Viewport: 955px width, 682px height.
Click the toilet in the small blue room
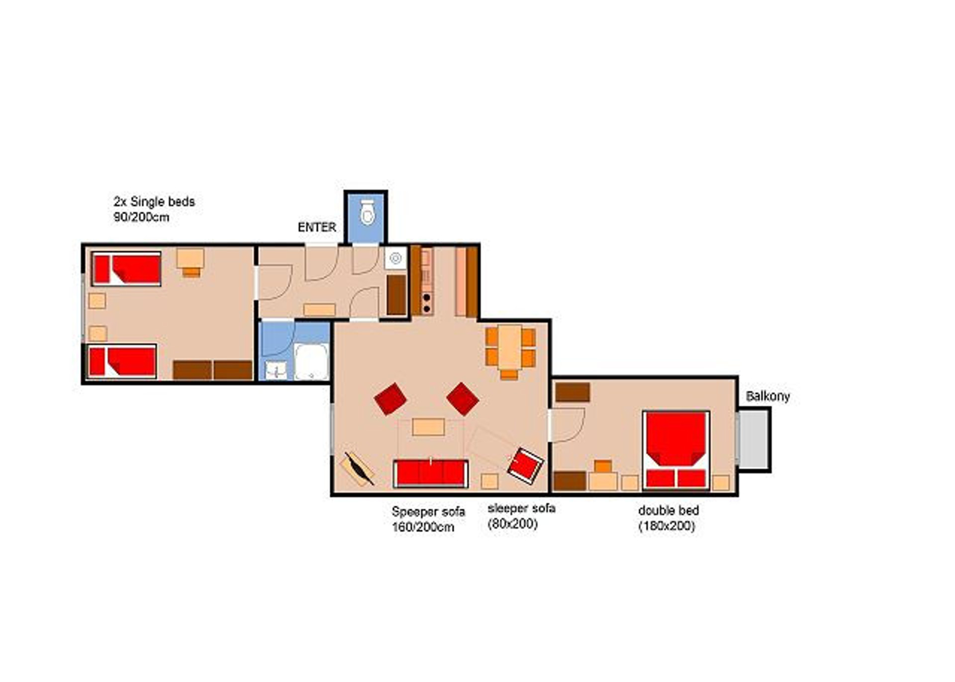click(x=367, y=212)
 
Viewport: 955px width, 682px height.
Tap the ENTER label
click(x=317, y=227)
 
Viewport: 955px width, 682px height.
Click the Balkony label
click(x=767, y=396)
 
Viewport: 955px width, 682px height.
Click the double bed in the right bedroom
click(x=675, y=450)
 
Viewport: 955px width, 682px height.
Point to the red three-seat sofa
click(x=430, y=473)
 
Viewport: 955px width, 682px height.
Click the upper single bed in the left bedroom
click(x=126, y=269)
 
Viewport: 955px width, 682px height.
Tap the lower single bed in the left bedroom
click(x=122, y=361)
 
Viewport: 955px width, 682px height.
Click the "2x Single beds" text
click(x=154, y=202)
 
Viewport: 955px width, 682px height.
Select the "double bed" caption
click(x=668, y=510)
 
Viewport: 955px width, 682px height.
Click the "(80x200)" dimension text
click(x=513, y=524)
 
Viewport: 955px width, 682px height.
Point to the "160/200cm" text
click(x=423, y=527)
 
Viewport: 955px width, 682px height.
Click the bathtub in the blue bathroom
click(x=311, y=362)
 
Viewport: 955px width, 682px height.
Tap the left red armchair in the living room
click(x=390, y=398)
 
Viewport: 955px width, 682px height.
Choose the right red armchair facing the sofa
click(x=463, y=398)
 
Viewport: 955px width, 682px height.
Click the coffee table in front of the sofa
click(x=428, y=427)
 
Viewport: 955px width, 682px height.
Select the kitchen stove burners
click(x=426, y=303)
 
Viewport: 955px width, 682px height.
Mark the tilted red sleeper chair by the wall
click(x=525, y=466)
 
